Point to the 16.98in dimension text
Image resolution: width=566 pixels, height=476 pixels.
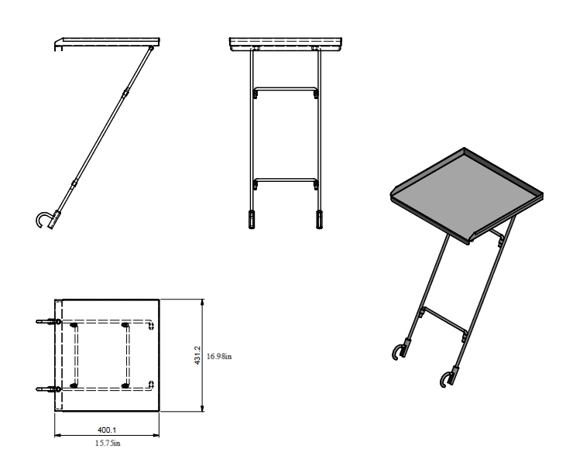pyautogui.click(x=221, y=356)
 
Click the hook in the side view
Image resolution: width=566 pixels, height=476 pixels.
pyautogui.click(x=43, y=219)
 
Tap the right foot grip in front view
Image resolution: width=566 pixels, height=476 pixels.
pyautogui.click(x=319, y=219)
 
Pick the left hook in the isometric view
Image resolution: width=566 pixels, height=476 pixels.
pyautogui.click(x=399, y=352)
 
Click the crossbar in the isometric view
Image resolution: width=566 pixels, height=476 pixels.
pyautogui.click(x=443, y=321)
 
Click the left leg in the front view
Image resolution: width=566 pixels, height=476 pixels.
pyautogui.click(x=252, y=132)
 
